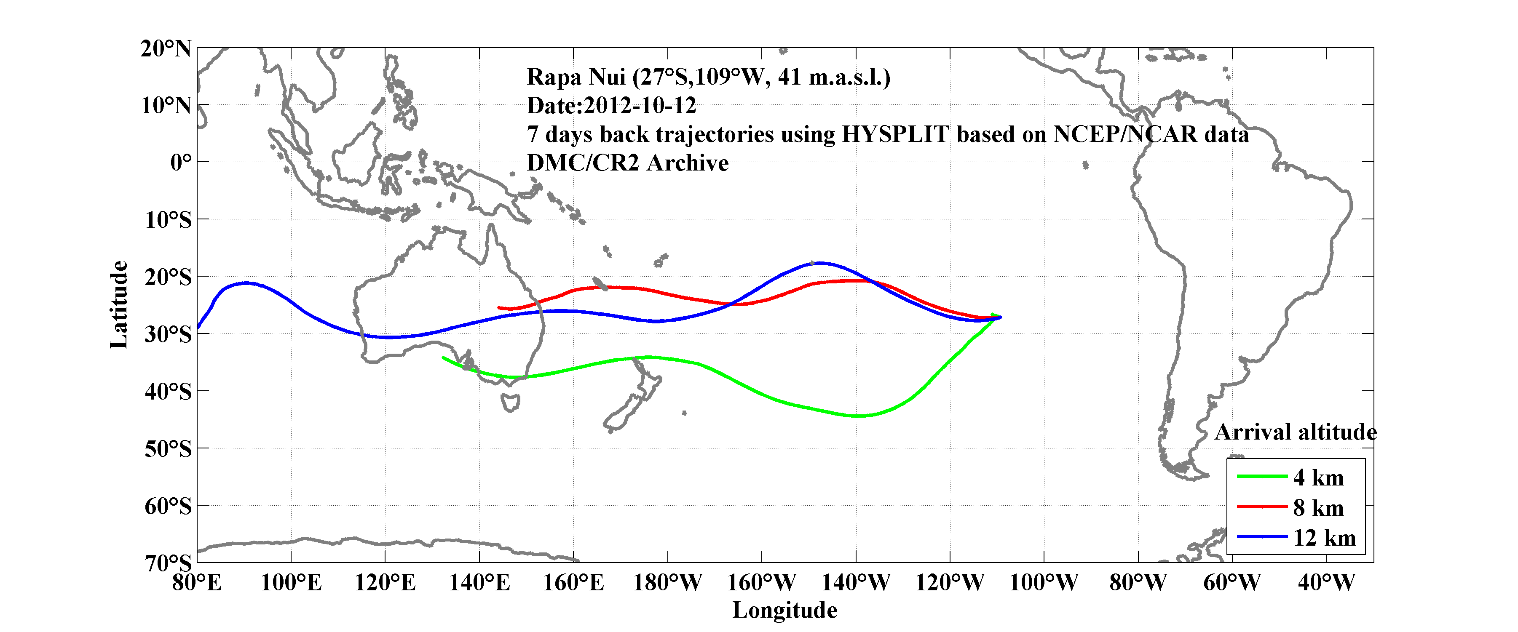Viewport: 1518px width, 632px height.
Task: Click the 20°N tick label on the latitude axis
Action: tap(166, 48)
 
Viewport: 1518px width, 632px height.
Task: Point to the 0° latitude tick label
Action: tap(180, 162)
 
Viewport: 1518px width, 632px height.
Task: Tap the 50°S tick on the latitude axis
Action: tap(168, 449)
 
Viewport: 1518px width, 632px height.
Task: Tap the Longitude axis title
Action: tap(784, 610)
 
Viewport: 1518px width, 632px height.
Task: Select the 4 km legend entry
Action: tap(1318, 477)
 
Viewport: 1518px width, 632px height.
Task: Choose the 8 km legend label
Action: tap(1318, 508)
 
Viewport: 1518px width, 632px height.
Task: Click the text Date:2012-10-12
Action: tap(611, 105)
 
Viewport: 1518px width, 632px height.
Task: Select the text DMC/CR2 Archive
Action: tap(628, 163)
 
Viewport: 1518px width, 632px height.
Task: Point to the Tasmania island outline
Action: tap(510, 403)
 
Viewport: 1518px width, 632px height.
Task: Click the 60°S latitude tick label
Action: tap(168, 506)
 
